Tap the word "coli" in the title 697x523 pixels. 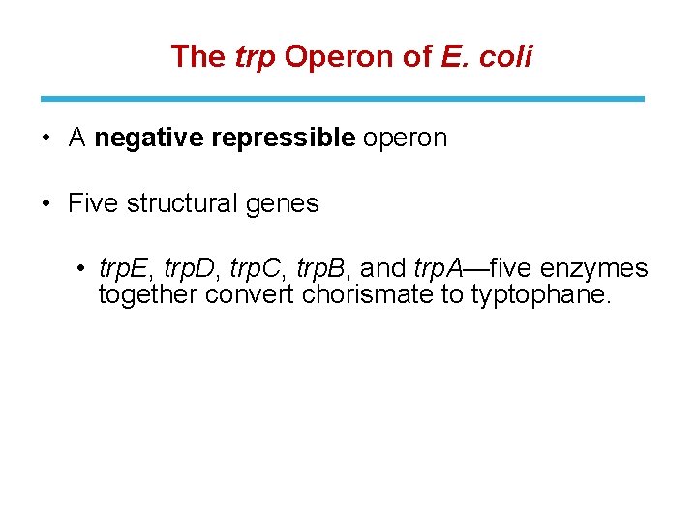coord(504,57)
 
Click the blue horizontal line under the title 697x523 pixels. coord(342,98)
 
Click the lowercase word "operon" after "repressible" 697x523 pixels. coord(406,138)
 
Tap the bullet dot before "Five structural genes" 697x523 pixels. coord(46,204)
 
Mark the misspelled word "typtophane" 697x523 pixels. coord(541,294)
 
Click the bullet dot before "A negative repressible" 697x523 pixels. coord(46,138)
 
